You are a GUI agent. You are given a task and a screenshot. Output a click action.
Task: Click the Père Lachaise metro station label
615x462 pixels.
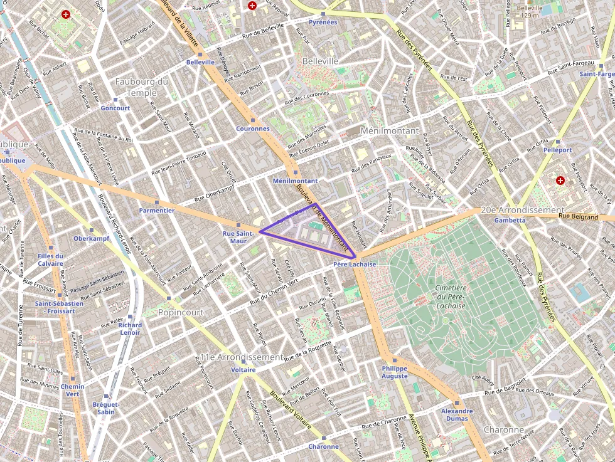coord(355,265)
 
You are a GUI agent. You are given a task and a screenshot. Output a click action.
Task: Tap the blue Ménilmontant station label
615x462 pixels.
coord(295,181)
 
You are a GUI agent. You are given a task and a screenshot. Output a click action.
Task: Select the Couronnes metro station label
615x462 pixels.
coord(253,129)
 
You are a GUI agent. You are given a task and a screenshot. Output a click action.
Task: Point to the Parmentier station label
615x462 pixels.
coord(156,211)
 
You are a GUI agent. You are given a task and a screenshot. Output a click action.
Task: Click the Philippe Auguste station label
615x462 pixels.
coord(394,372)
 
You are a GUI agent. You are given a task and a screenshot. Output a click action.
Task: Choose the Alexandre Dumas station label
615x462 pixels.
coord(457,415)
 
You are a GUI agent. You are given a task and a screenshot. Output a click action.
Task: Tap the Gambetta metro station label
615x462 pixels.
coord(510,221)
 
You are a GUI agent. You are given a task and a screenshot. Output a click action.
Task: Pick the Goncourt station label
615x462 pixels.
coord(115,108)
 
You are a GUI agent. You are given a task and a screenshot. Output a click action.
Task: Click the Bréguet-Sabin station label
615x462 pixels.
coord(106,408)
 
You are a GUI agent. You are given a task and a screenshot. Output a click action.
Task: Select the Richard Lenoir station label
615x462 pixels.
coord(130,328)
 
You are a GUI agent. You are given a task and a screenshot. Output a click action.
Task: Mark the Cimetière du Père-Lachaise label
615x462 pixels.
coord(450,297)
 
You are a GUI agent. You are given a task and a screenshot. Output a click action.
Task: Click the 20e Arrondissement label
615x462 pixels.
coord(523,210)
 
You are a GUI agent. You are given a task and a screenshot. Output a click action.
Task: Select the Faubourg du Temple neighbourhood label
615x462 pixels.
coord(142,87)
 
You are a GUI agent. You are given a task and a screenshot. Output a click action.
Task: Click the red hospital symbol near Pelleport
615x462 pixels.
coord(560,181)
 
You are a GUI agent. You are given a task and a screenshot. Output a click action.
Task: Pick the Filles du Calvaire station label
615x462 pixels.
coord(50,260)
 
